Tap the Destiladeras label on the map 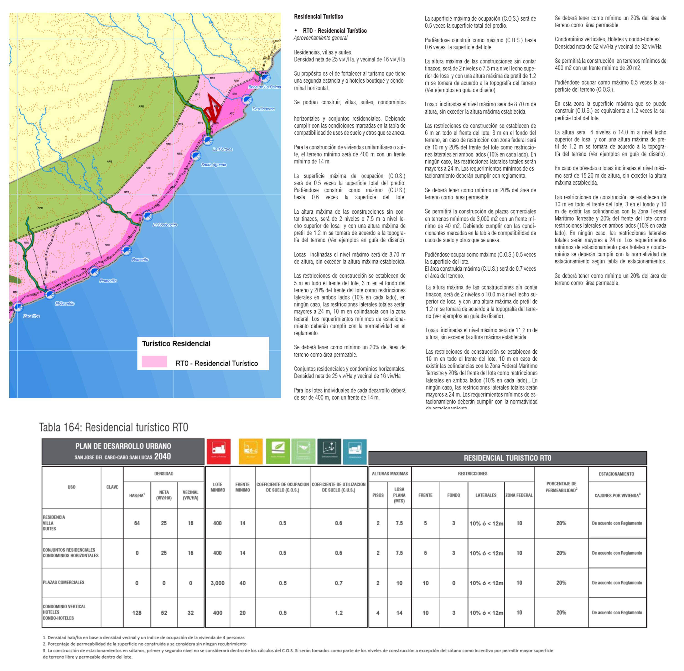263,109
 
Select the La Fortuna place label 223,149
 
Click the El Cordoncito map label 165,225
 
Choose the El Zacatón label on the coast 65,303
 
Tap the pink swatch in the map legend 154,362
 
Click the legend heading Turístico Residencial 176,344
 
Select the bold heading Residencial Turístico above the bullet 318,17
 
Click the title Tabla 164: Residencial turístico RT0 114,427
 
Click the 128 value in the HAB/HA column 137,613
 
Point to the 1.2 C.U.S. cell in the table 339,613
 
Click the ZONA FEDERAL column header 519,495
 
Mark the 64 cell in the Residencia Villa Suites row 137,523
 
